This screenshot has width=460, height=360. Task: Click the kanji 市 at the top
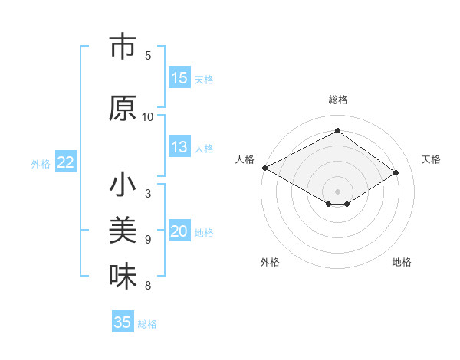(123, 47)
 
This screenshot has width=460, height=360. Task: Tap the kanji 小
(123, 186)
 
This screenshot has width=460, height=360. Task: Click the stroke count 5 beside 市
(148, 55)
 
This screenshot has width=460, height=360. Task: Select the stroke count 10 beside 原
(148, 116)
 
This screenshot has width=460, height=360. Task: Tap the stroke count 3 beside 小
(148, 193)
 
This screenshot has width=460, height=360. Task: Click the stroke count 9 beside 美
(148, 239)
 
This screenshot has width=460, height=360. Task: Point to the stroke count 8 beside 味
(148, 286)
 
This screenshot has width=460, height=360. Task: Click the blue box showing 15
(179, 78)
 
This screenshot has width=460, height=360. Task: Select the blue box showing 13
(179, 148)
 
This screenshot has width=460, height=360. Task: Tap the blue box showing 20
(179, 232)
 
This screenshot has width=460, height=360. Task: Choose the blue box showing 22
(66, 162)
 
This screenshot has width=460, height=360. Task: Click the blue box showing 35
(123, 322)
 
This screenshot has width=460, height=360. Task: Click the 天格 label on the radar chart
(431, 159)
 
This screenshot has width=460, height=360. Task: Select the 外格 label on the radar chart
(270, 262)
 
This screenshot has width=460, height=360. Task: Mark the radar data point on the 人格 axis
(264, 168)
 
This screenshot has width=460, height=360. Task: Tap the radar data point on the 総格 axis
(337, 130)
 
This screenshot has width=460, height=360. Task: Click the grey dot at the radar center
(337, 190)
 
